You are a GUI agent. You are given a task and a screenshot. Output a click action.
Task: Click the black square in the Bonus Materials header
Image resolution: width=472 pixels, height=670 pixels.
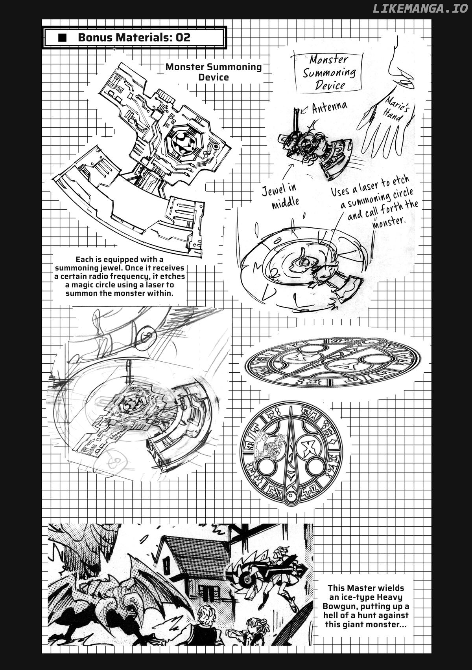click(62, 38)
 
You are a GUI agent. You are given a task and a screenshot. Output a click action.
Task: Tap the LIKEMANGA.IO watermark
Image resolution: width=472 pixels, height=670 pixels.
click(420, 8)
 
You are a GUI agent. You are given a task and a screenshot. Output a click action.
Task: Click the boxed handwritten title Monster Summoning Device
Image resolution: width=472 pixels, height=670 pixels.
click(329, 72)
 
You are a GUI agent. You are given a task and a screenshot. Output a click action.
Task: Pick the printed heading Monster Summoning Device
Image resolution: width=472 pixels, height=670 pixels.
click(214, 72)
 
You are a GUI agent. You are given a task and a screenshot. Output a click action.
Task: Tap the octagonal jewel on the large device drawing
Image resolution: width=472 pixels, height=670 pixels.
click(184, 141)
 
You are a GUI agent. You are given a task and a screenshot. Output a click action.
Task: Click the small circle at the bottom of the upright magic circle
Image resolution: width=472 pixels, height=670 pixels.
click(291, 497)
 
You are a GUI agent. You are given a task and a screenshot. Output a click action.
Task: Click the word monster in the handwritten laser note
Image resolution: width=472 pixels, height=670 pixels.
click(389, 222)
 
